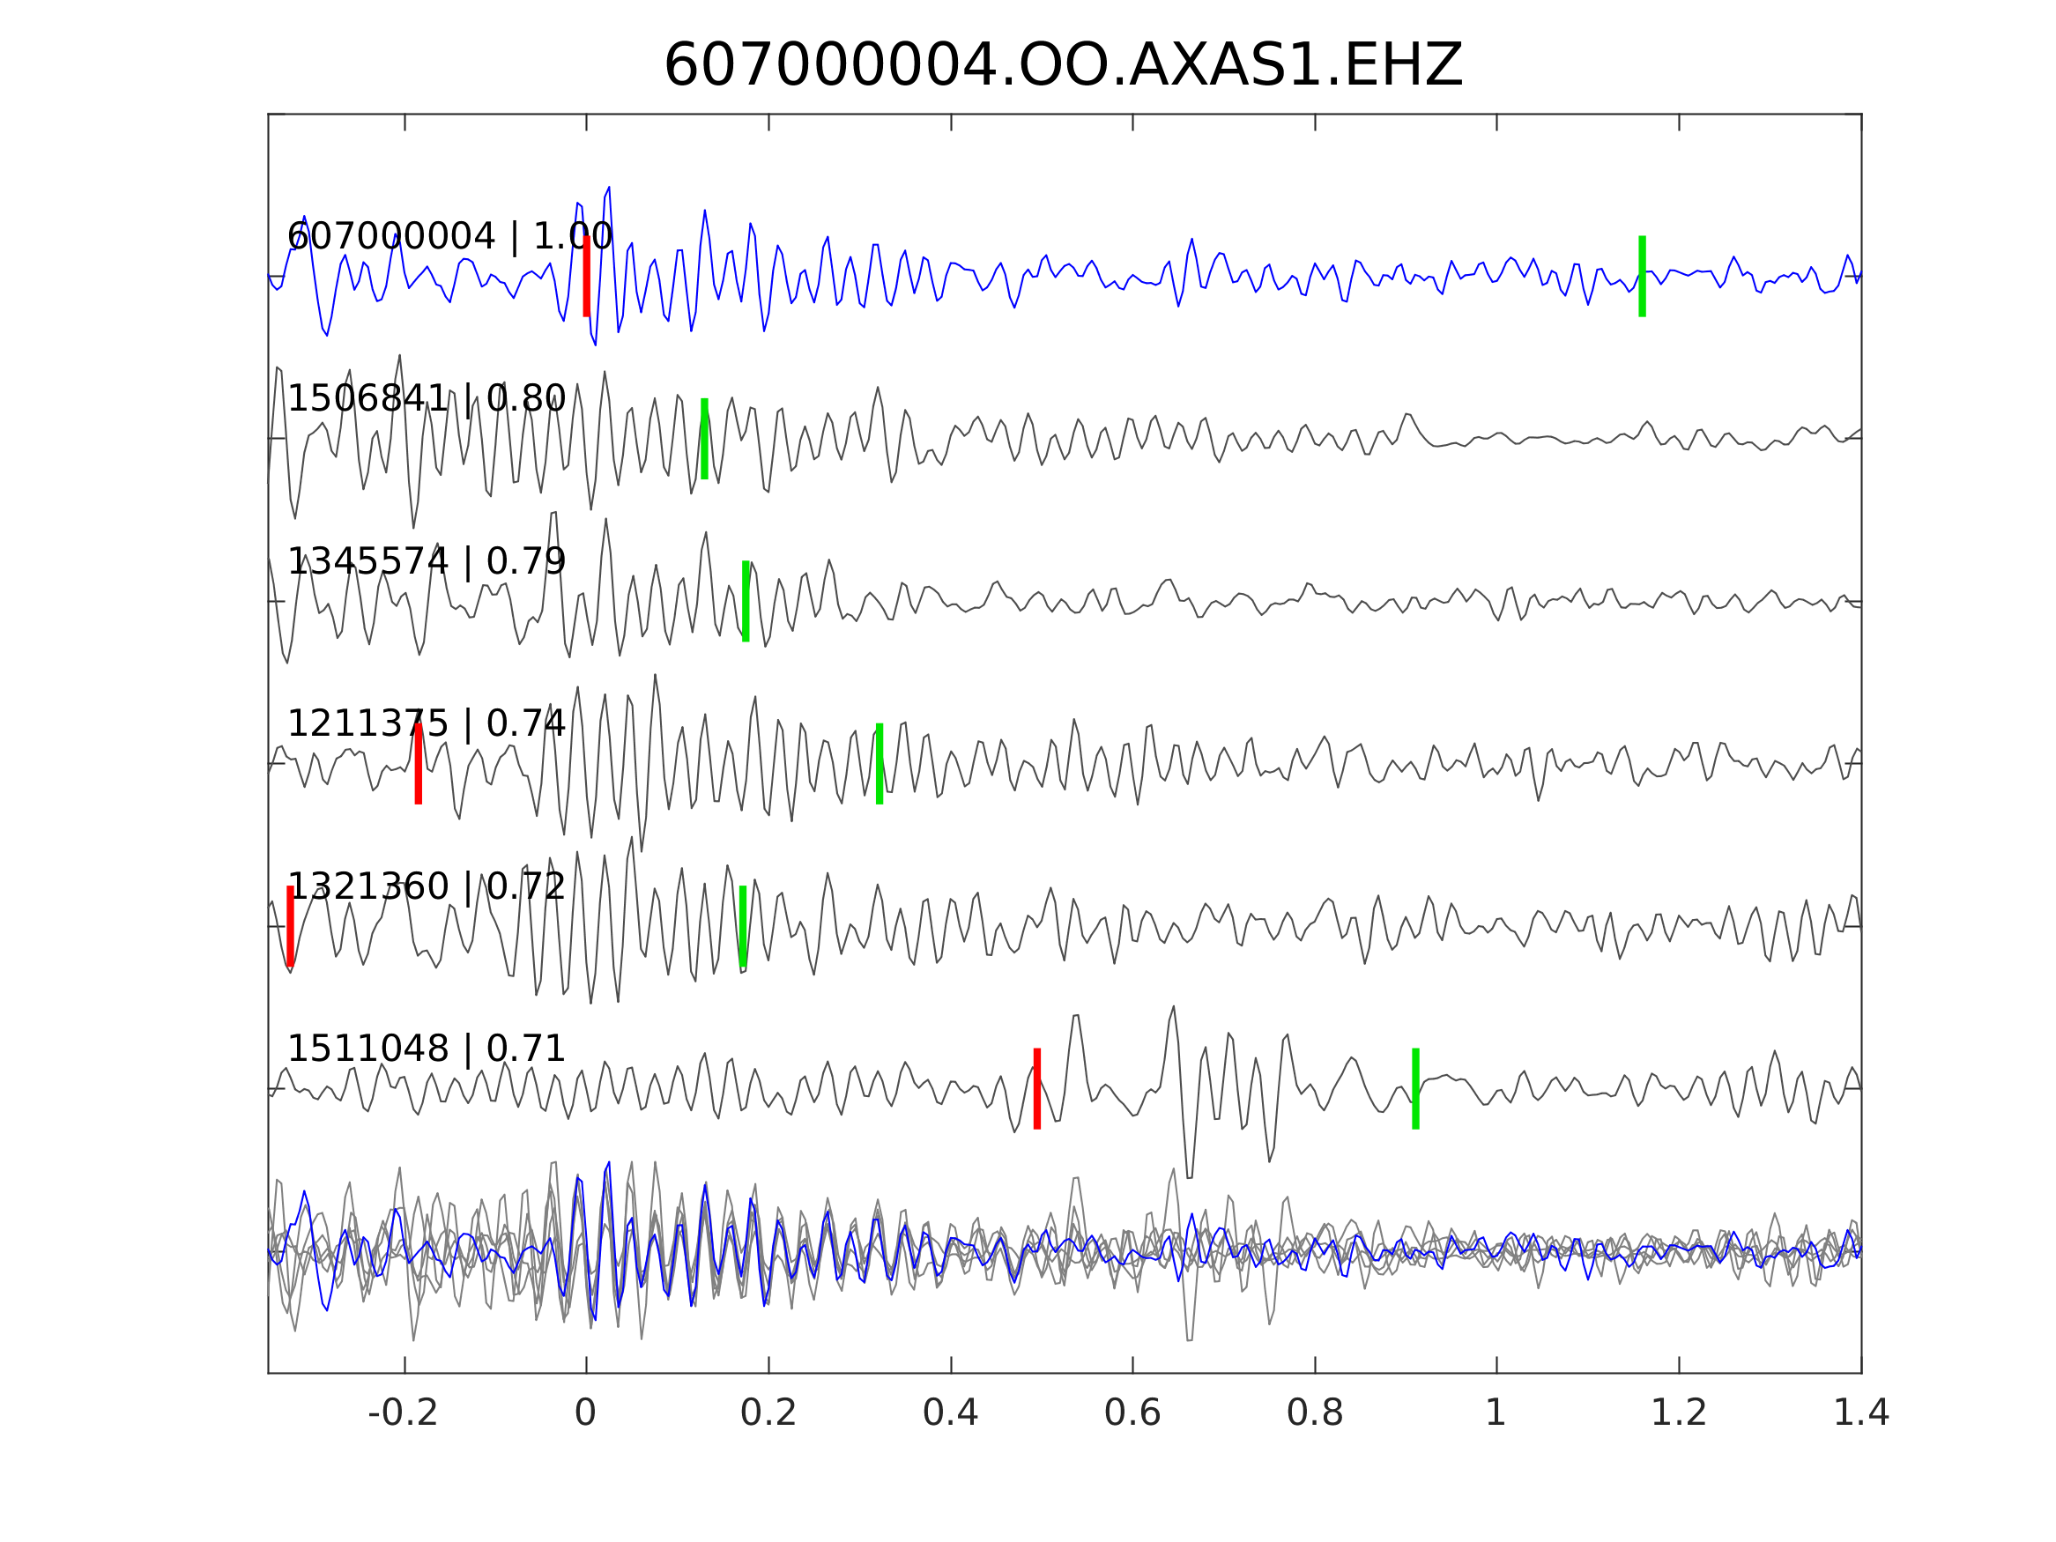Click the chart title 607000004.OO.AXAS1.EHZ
pos(1063,66)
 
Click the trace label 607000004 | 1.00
pos(449,237)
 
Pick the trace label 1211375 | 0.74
pos(427,723)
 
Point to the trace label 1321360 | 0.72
pos(427,886)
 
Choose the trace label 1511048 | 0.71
pos(427,1049)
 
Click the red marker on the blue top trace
pos(587,276)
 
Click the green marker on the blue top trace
pos(1643,276)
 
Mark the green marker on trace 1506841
pos(704,439)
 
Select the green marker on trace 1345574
pos(746,601)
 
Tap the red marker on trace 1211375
pos(419,763)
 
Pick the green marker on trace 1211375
pos(880,763)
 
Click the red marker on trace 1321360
pos(290,927)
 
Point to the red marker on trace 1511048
pos(1037,1088)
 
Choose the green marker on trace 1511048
pos(1415,1088)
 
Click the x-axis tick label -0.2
pos(404,1413)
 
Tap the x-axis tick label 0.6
pos(1132,1413)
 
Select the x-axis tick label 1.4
pos(1861,1413)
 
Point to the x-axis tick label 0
pos(585,1413)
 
